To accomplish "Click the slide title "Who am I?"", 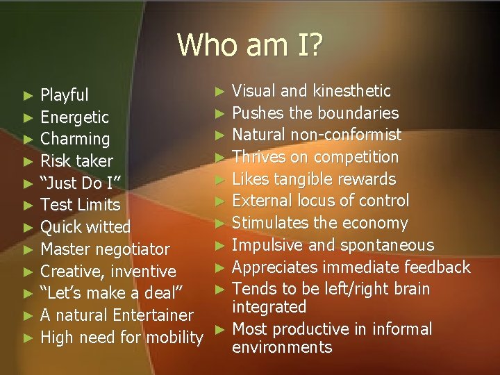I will [x=249, y=45].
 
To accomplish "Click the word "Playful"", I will [x=65, y=94].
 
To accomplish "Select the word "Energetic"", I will [x=74, y=117].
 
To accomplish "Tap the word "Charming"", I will [x=75, y=139].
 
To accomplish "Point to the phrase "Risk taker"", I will [x=76, y=161].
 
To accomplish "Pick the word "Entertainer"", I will [x=149, y=315].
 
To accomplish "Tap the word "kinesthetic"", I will [x=352, y=91].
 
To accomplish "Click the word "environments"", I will [x=282, y=347].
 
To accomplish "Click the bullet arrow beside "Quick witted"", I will [x=28, y=227].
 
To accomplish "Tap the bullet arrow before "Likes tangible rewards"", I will [x=219, y=179].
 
